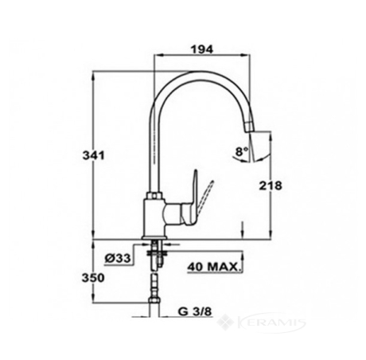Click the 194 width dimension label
coord(202,49)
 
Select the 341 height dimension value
coord(94,155)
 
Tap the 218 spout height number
coord(271,186)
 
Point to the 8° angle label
coord(242,152)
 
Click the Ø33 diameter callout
coord(118,258)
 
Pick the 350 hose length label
coord(93,278)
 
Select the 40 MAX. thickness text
coord(213,266)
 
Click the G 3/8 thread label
coord(195,311)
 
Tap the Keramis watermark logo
coord(261,323)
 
